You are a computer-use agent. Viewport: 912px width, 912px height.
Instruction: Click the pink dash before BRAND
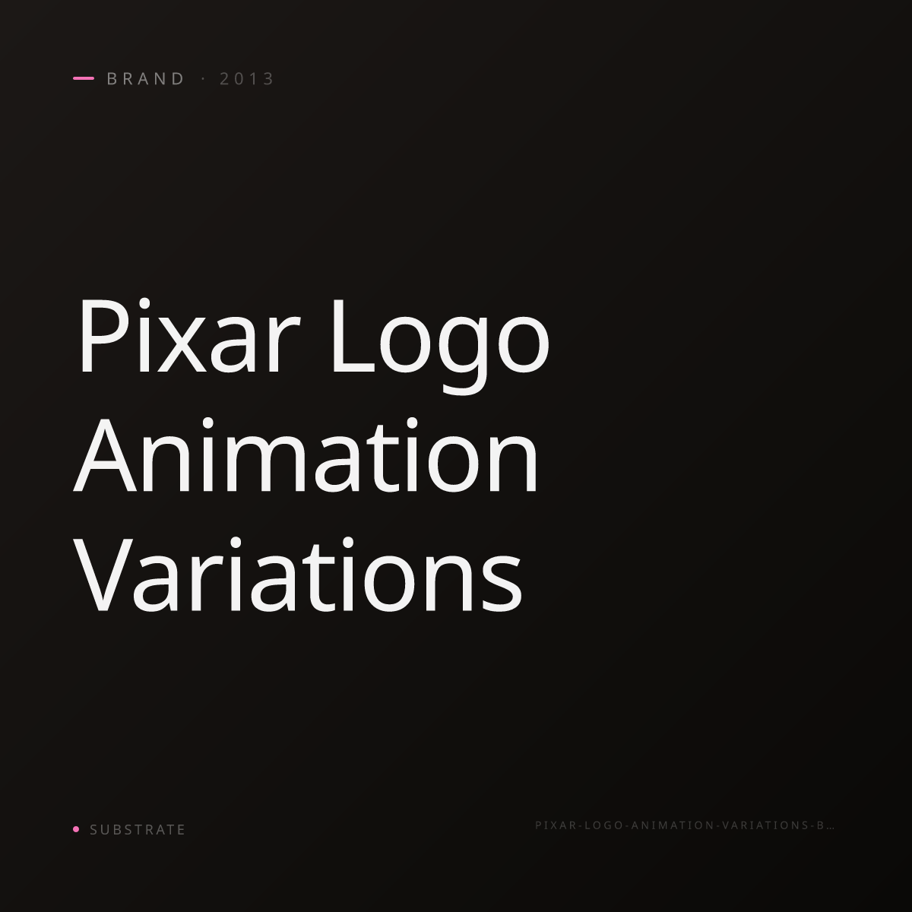tap(84, 78)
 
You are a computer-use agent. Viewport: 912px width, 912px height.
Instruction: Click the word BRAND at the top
tap(145, 78)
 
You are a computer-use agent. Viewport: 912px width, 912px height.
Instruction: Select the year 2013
tap(246, 78)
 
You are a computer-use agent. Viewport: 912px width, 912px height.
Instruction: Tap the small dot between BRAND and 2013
tap(204, 78)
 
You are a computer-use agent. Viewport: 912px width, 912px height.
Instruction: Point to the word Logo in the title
tap(441, 346)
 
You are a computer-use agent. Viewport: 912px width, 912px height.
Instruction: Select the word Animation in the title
tap(306, 455)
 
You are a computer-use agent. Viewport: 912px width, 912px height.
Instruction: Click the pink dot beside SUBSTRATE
tap(76, 828)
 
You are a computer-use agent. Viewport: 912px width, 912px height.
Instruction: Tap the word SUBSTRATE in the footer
tap(138, 829)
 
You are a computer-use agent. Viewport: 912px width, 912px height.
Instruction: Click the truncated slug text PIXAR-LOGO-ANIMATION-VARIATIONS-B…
tap(684, 825)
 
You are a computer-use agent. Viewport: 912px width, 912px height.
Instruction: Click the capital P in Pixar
tap(103, 337)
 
